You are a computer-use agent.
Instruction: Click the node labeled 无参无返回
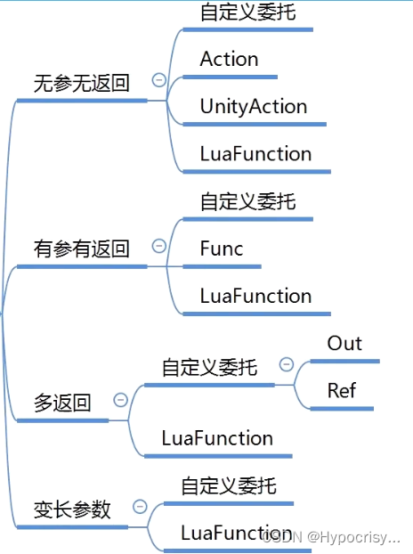tap(81, 85)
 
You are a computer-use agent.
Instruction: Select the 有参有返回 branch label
tap(81, 249)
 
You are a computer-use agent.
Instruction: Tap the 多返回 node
tap(62, 403)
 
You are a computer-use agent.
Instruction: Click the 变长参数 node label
tap(72, 509)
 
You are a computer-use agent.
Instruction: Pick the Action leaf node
tap(229, 60)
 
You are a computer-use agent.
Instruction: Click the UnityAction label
tap(254, 107)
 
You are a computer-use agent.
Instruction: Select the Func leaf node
tap(222, 249)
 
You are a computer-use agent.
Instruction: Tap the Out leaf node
tap(344, 344)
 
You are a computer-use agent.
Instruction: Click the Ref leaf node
tap(343, 391)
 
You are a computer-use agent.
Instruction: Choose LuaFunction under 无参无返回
tap(255, 154)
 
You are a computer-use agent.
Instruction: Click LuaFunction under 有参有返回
tap(255, 297)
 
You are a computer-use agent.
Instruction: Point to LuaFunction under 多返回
tap(217, 438)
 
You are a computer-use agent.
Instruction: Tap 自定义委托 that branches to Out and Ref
tap(209, 367)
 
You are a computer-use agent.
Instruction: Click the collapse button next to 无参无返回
tap(159, 80)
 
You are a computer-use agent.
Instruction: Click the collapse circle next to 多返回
tap(121, 400)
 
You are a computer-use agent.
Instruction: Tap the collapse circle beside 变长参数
tap(140, 507)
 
